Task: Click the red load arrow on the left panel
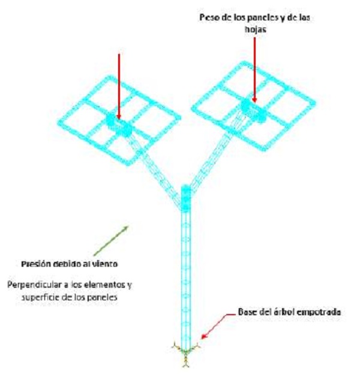coord(119,84)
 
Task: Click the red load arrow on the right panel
coord(254,66)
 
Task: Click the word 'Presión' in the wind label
coord(38,263)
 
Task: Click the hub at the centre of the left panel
coord(118,124)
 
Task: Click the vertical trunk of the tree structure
coord(185,270)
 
